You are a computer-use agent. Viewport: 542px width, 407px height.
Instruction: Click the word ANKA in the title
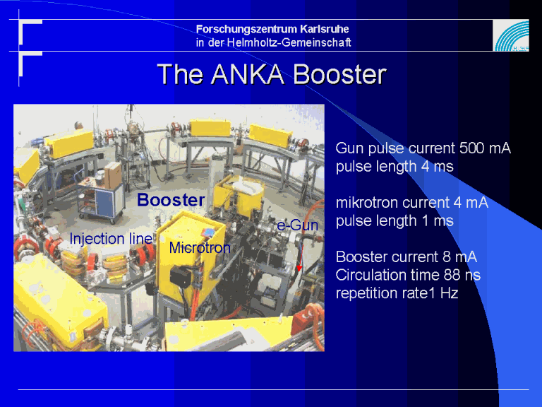point(248,74)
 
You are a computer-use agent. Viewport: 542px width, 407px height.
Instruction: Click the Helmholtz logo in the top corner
point(511,35)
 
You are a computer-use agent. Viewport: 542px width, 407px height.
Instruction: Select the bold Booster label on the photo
point(171,200)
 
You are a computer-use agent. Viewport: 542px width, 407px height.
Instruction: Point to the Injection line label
point(111,238)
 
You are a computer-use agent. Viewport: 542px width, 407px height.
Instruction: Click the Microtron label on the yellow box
point(200,247)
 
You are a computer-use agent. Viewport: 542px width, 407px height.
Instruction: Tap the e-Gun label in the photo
point(298,225)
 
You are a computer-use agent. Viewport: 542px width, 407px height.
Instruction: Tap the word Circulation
point(369,275)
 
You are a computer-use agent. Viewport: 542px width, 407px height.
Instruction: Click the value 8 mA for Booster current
point(459,257)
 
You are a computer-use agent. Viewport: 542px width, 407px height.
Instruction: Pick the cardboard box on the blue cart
point(113,175)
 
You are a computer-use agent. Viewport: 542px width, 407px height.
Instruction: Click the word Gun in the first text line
point(350,148)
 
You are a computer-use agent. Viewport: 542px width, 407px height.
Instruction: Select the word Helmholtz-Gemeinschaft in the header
point(289,42)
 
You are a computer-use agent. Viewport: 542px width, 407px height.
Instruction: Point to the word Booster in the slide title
point(339,74)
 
